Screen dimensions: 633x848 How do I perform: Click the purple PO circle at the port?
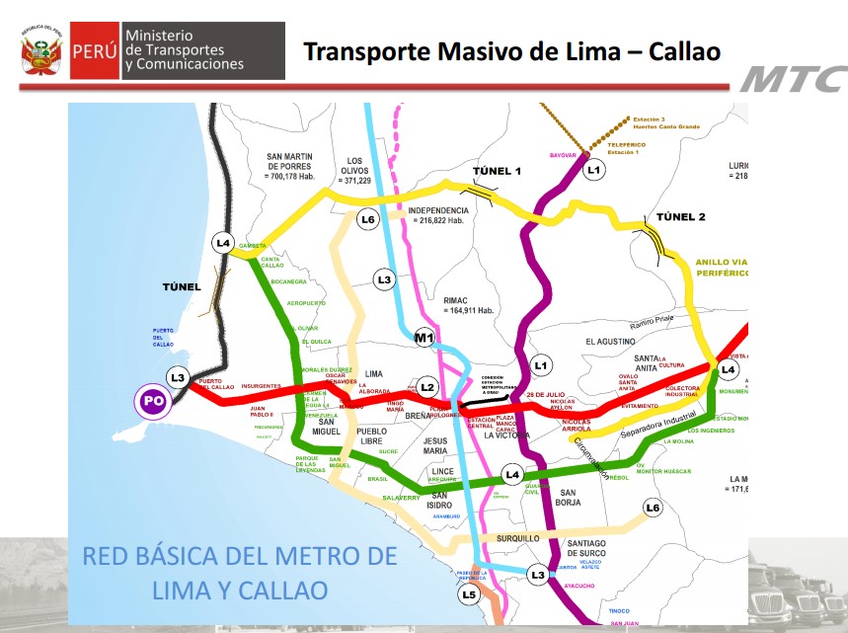(x=153, y=401)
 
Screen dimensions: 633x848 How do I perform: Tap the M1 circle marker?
(x=424, y=340)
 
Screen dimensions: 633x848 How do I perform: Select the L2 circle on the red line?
(x=427, y=387)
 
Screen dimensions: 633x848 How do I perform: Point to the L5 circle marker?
(x=469, y=594)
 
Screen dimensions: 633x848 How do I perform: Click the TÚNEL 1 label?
(x=497, y=171)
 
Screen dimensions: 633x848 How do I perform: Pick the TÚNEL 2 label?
(x=673, y=216)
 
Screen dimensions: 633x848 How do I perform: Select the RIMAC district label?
(x=463, y=295)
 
